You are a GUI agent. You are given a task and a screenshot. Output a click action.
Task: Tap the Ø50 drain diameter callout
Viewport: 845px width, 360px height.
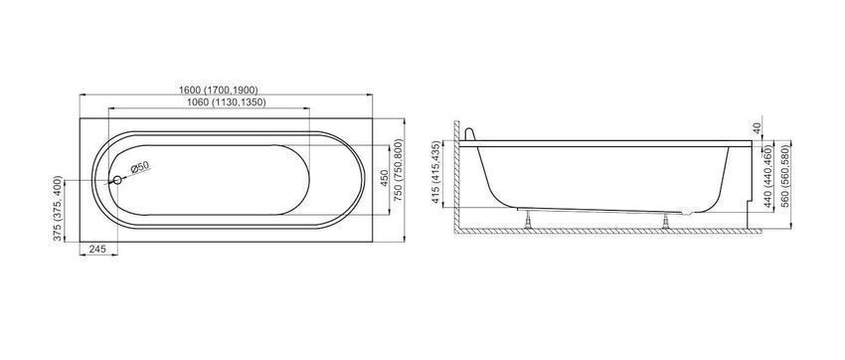pos(139,168)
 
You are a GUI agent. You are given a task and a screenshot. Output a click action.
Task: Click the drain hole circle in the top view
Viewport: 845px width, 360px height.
pos(117,180)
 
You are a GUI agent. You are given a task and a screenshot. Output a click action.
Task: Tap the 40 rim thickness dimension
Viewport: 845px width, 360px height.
pos(758,128)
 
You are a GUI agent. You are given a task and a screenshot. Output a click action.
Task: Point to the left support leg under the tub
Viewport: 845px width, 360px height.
pos(528,219)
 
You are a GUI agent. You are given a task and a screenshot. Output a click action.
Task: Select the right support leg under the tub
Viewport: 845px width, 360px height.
pos(666,221)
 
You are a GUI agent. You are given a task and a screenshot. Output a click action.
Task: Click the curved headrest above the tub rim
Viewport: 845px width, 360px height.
pos(470,134)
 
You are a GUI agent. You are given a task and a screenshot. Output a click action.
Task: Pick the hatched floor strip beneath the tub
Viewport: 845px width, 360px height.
pos(607,231)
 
